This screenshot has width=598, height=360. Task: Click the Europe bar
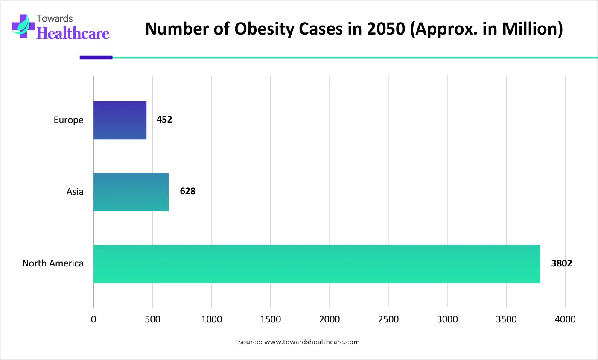(x=120, y=120)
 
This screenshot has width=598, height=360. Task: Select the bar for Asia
(x=131, y=192)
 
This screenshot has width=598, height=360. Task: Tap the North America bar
(x=317, y=263)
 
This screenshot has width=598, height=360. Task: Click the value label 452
(x=164, y=120)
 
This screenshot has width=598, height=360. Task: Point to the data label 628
(x=187, y=191)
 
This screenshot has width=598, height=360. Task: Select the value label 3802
(x=561, y=263)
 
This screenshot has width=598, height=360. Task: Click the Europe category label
(x=68, y=120)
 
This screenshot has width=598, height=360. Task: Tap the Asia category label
(x=75, y=192)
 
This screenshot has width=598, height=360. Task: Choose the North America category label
(x=53, y=263)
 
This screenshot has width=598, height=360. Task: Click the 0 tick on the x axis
(x=93, y=319)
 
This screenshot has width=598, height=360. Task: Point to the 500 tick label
(x=152, y=319)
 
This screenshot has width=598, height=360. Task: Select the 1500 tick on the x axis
(x=270, y=319)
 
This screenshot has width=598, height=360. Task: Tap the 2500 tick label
(x=388, y=319)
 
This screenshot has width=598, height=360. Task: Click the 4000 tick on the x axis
(x=565, y=319)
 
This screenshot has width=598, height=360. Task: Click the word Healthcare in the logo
(x=73, y=33)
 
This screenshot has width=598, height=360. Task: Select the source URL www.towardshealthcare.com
(x=312, y=342)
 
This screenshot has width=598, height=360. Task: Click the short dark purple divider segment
(x=96, y=57)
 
